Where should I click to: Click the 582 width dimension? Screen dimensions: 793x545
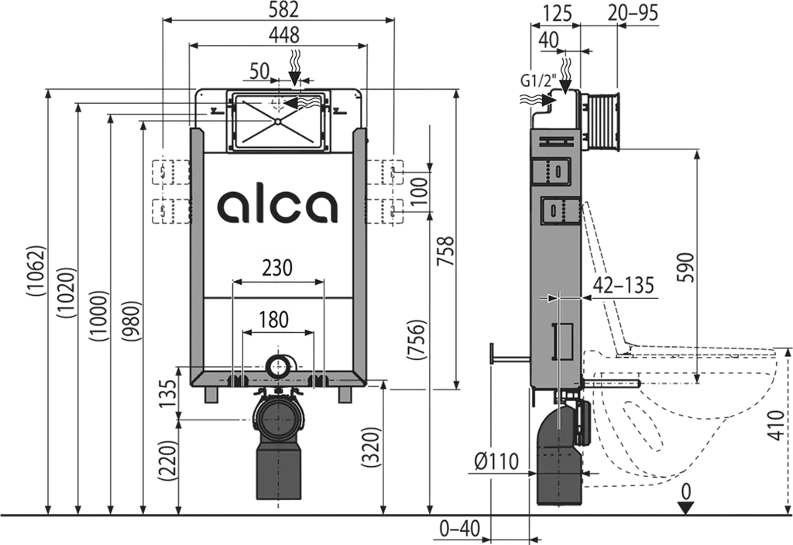(x=278, y=9)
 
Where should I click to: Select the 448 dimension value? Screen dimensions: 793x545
(x=283, y=35)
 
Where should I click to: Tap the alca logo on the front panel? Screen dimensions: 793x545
(x=277, y=206)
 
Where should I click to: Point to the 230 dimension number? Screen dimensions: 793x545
(x=278, y=267)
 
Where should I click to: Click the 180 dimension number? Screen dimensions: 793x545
(x=274, y=320)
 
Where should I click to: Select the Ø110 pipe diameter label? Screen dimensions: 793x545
(x=496, y=461)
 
